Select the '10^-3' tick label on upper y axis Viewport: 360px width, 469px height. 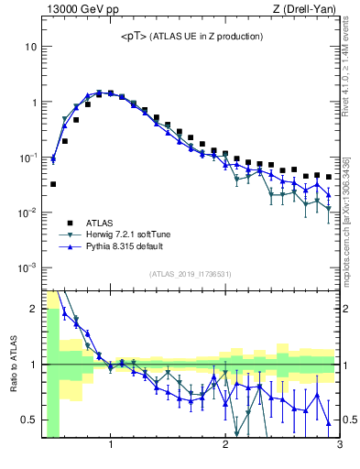point(27,267)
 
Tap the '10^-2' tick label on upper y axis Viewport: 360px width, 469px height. point(27,213)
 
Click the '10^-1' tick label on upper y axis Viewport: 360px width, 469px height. point(27,158)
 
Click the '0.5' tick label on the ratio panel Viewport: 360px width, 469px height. point(28,420)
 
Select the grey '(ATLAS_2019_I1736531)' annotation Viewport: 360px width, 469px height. point(191,274)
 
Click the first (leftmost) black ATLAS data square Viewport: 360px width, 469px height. point(53,184)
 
